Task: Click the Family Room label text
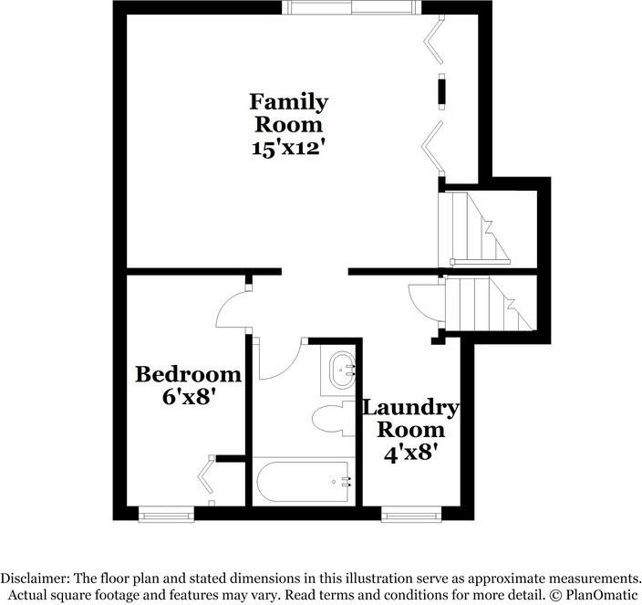point(289,112)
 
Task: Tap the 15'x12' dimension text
point(289,148)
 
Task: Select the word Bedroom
point(189,374)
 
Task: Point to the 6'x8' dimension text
point(189,398)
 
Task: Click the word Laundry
point(411,406)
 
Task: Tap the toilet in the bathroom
point(333,419)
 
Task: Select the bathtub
point(303,481)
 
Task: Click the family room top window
point(352,8)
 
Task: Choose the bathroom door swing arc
point(278,360)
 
